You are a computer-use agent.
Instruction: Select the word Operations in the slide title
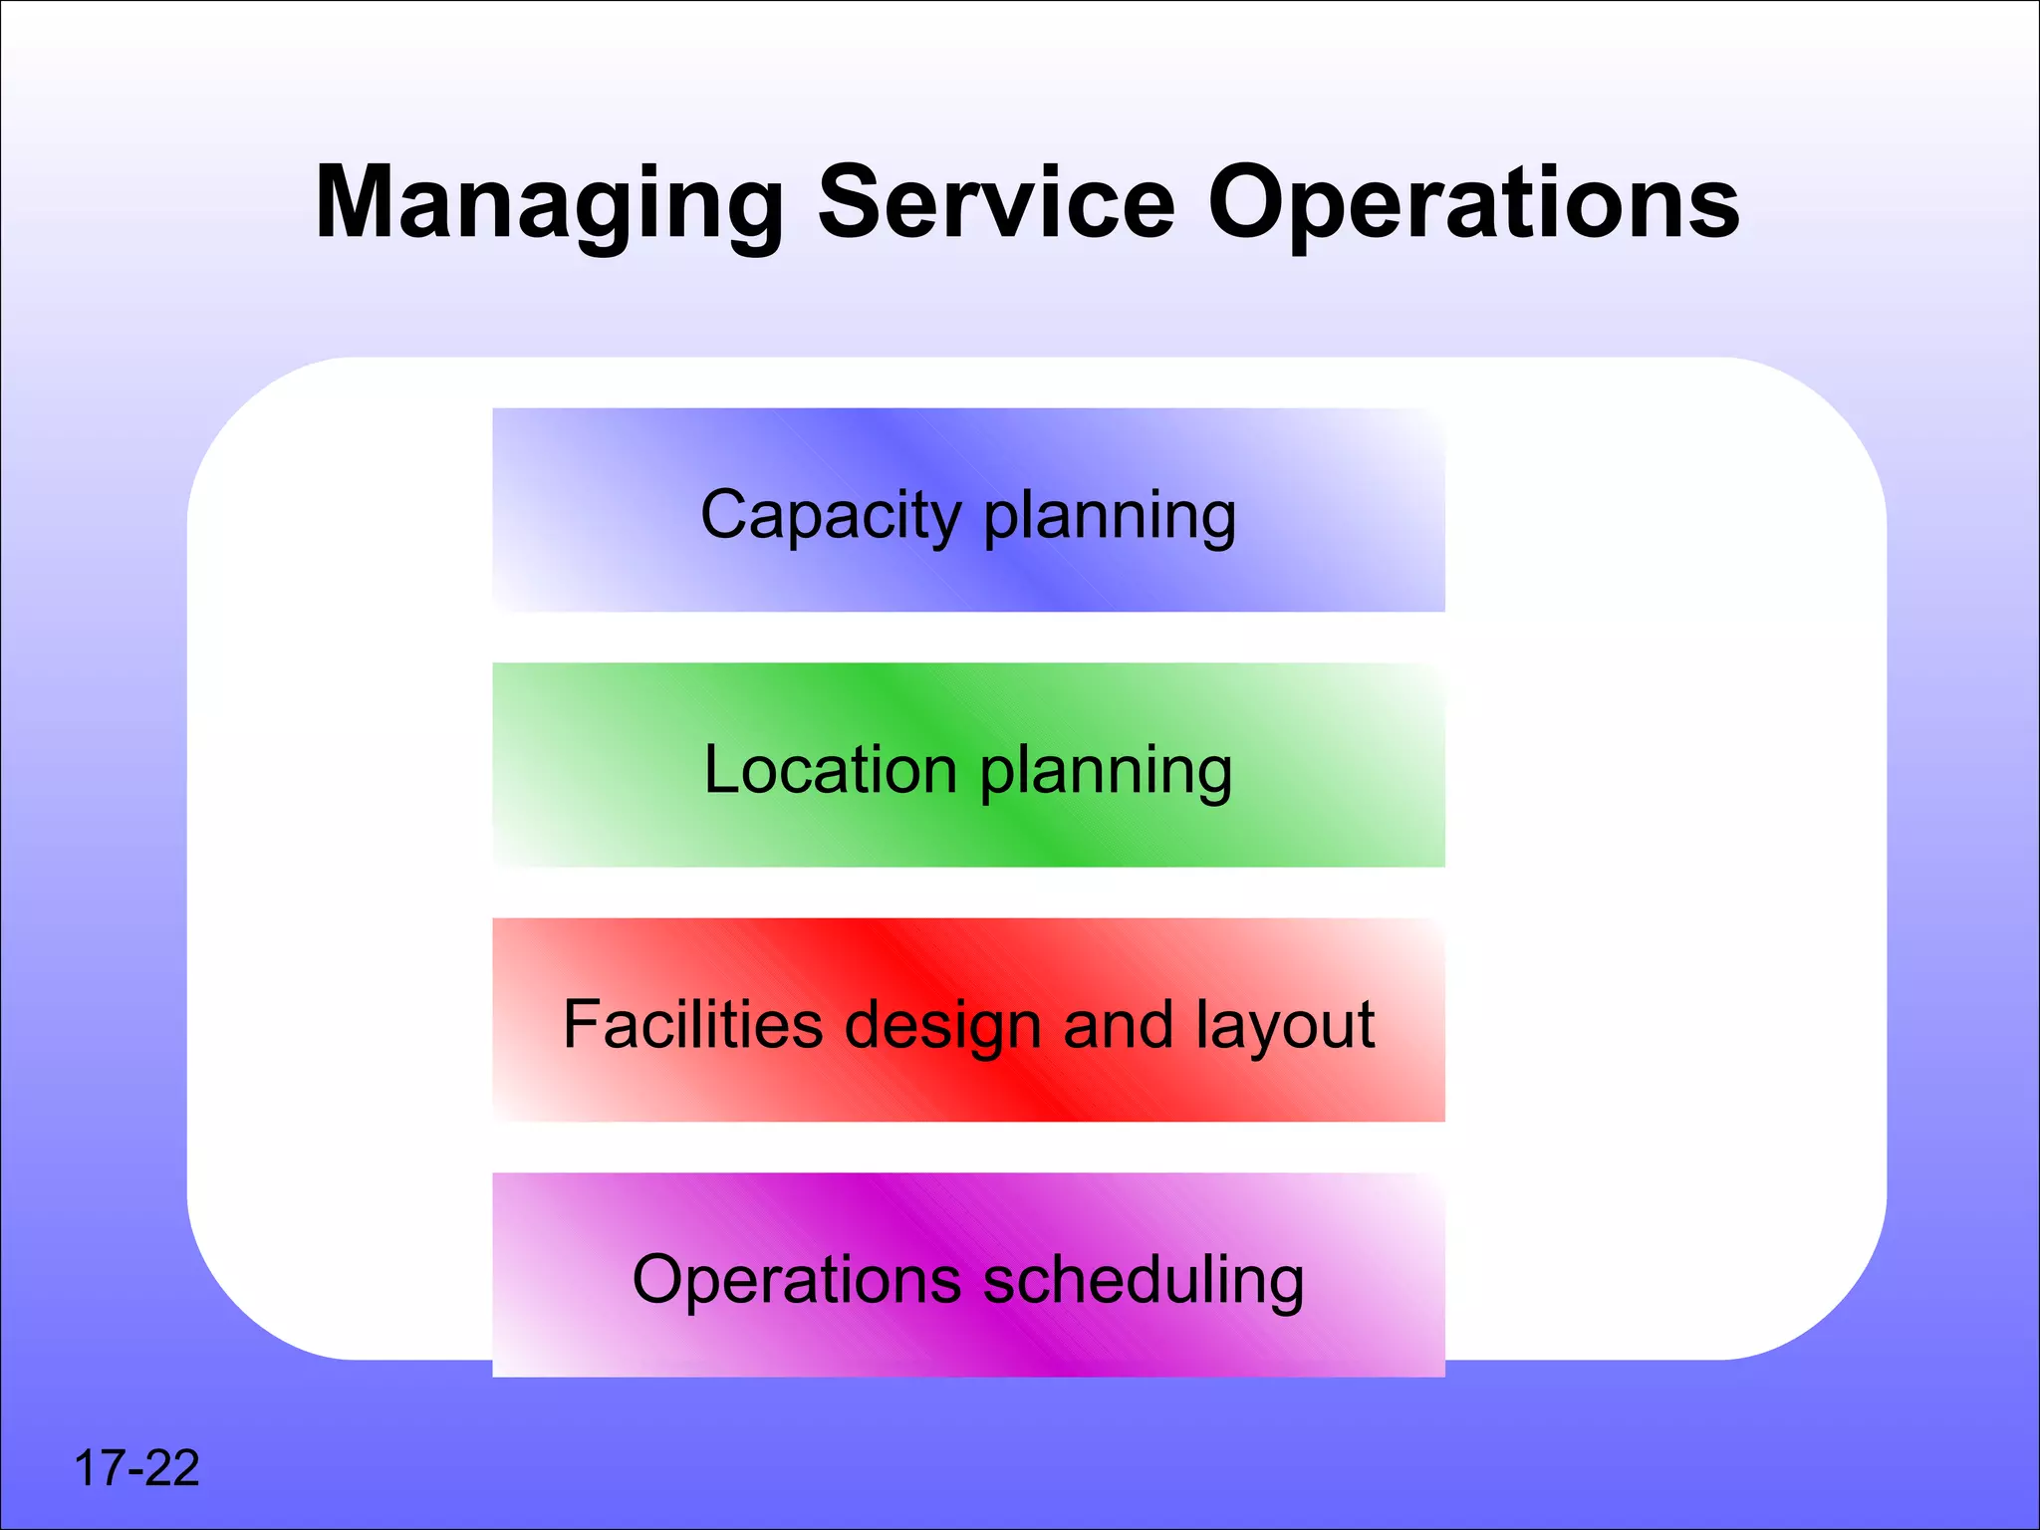[1474, 204]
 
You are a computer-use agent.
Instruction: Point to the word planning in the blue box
[1111, 517]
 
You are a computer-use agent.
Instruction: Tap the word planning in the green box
[1107, 772]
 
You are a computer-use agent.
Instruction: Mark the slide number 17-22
[137, 1468]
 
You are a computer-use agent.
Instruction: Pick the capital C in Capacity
[726, 515]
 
